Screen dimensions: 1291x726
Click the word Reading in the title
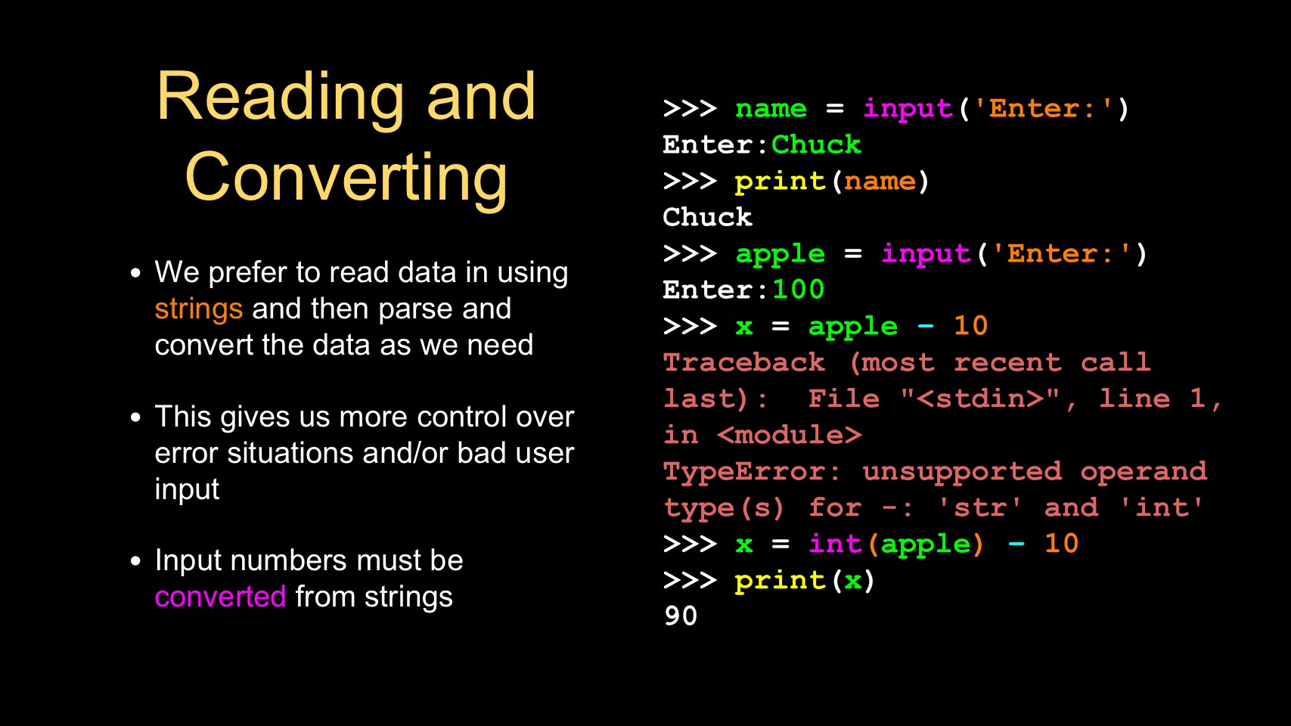281,98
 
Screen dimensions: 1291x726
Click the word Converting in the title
346,178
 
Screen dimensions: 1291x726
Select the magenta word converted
220,597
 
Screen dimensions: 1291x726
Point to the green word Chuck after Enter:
816,144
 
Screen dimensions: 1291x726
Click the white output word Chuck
707,216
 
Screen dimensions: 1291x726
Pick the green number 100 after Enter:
798,289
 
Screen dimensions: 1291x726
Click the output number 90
681,616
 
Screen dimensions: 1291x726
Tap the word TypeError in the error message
744,471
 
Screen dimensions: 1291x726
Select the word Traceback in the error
744,362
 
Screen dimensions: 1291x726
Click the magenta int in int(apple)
834,543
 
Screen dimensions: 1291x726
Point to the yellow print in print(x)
780,581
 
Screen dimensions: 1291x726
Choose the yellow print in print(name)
780,182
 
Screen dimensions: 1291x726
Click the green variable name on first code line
771,109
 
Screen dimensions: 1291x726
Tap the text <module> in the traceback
789,435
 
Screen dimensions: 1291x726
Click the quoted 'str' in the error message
979,507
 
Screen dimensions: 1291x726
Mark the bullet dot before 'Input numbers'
136,560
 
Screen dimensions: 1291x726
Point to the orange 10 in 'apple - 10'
971,325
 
